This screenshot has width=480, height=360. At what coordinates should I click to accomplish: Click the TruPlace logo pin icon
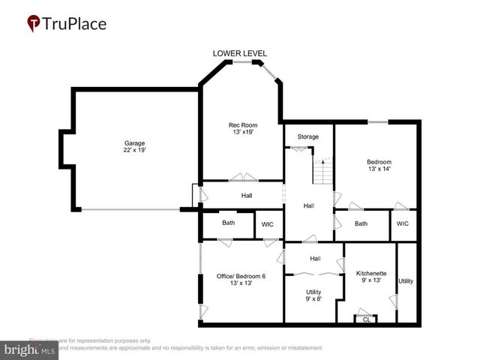point(34,24)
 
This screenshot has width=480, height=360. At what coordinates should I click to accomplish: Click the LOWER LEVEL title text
point(239,53)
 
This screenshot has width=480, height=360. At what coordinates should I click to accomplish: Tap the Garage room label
point(134,142)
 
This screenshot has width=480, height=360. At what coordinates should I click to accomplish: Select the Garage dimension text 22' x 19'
point(134,151)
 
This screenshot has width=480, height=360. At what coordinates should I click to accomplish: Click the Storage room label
point(307,136)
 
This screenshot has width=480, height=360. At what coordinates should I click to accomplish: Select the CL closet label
point(366,319)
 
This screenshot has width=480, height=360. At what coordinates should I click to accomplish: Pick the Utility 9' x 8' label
point(314,295)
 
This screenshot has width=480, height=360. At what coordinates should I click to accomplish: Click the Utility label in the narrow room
point(406,281)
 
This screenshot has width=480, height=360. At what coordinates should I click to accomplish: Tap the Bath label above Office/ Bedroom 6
point(228,223)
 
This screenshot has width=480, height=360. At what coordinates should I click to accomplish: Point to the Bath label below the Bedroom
point(361,223)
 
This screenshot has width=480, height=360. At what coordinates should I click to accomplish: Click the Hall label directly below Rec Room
point(246,196)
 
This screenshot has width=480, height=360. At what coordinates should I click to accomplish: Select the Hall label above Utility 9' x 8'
point(315,259)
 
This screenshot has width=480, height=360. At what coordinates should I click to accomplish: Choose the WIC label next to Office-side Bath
point(268,223)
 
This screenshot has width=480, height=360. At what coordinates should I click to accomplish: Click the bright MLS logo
point(30,349)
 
